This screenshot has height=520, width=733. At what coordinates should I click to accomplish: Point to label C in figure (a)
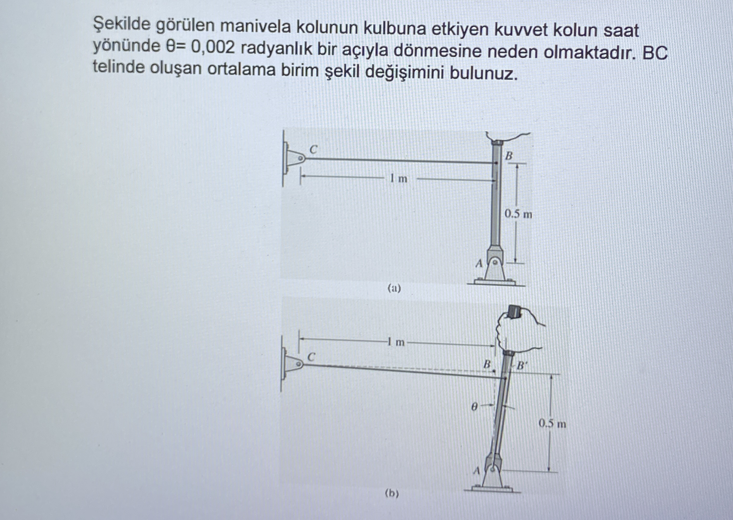(313, 149)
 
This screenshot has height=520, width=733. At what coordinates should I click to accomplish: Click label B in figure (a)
(509, 156)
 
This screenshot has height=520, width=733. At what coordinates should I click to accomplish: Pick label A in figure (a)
(479, 264)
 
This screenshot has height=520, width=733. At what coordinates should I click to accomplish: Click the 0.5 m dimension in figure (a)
(518, 214)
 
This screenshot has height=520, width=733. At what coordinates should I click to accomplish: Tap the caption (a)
(394, 289)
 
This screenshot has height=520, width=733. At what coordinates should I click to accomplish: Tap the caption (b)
(392, 494)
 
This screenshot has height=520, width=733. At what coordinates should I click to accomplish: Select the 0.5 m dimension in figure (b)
(552, 424)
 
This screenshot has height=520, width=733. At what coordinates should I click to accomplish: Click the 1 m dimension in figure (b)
(396, 342)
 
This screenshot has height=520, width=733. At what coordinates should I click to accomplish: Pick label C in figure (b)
(311, 356)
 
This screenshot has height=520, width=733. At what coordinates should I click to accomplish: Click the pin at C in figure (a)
(300, 158)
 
